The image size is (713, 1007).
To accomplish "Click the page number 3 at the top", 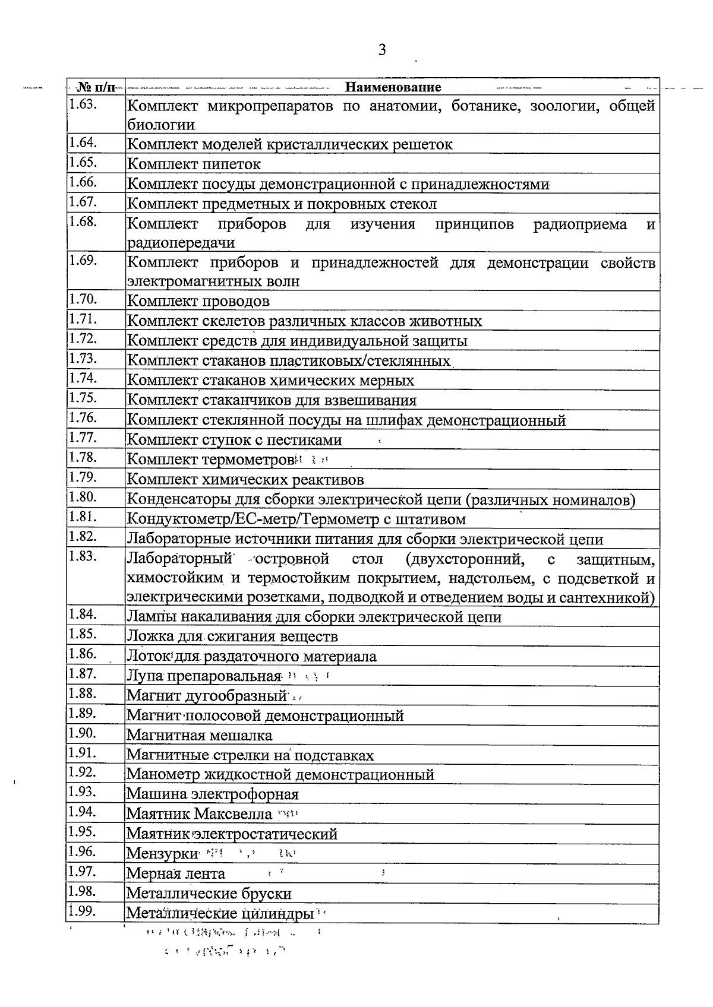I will click(382, 50).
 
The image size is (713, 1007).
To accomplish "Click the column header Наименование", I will click(393, 87).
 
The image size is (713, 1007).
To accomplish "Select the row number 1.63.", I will click(83, 104).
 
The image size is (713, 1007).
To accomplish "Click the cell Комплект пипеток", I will click(194, 164).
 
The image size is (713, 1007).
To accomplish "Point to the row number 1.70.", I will click(83, 299).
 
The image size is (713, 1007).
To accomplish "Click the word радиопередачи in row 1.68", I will click(181, 243).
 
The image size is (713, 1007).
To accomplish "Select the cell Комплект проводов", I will click(198, 302).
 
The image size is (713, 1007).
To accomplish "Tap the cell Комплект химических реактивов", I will click(245, 479).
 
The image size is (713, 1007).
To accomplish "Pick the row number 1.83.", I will click(83, 556).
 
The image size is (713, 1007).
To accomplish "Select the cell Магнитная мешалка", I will click(200, 736).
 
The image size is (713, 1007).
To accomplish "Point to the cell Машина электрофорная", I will click(213, 794).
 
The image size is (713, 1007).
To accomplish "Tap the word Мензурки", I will click(162, 854).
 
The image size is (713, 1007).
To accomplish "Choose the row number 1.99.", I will click(83, 911).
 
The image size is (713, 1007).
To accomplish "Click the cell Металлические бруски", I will click(209, 894).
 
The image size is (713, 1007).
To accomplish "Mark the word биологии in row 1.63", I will click(161, 125).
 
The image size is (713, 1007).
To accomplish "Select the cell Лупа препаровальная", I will click(203, 676).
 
